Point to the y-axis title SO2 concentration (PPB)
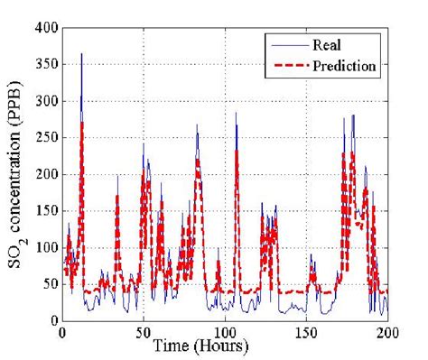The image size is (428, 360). click(19, 174)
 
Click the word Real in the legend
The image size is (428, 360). click(326, 43)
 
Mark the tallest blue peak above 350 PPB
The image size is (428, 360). click(81, 54)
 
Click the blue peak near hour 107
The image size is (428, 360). click(236, 114)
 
